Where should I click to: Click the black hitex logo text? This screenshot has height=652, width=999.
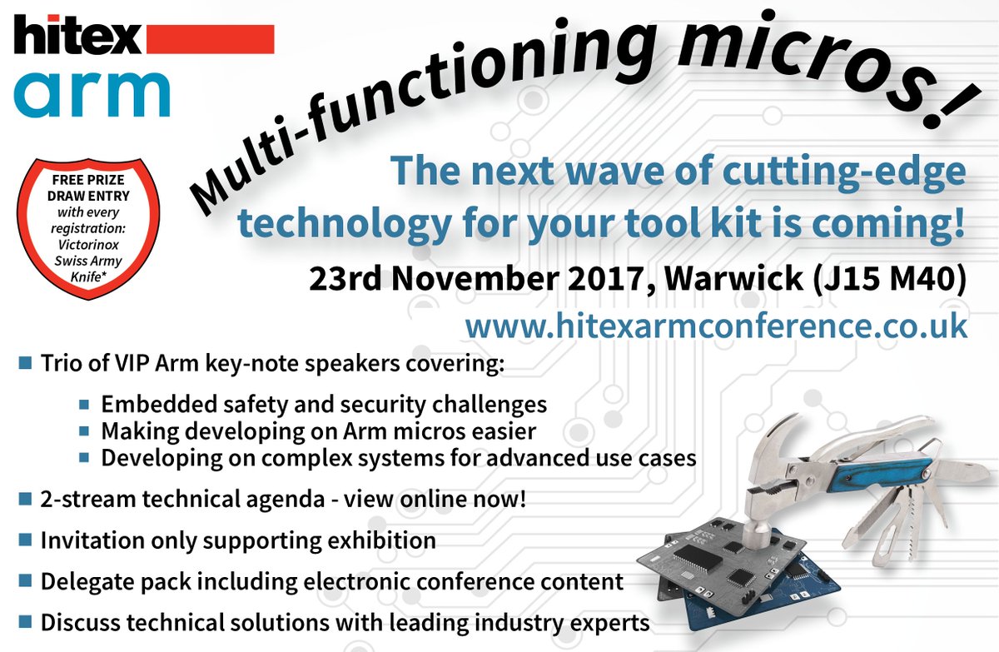(78, 38)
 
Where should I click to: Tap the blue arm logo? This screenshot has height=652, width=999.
(92, 92)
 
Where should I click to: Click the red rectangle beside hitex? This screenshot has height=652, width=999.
(210, 38)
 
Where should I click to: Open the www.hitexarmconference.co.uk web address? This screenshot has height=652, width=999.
(716, 325)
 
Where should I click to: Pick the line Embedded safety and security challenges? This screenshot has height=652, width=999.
(324, 404)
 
